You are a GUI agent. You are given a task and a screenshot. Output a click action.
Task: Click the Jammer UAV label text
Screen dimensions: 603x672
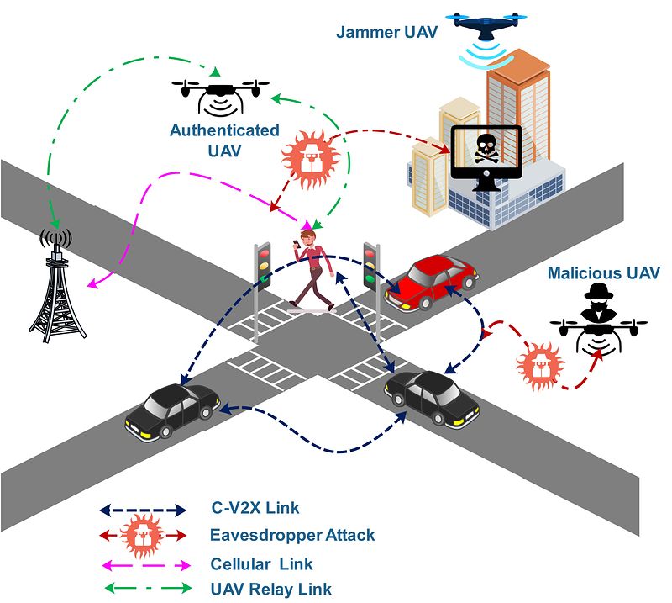[387, 33]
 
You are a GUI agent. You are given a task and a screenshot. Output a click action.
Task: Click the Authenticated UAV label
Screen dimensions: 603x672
[224, 140]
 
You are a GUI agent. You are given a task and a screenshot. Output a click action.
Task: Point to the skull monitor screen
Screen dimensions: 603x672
[486, 152]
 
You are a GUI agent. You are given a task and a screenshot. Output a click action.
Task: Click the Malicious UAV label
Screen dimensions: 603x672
[603, 272]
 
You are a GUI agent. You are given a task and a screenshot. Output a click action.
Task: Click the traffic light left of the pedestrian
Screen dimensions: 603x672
[264, 267]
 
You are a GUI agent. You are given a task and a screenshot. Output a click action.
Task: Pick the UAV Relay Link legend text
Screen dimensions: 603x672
[271, 589]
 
